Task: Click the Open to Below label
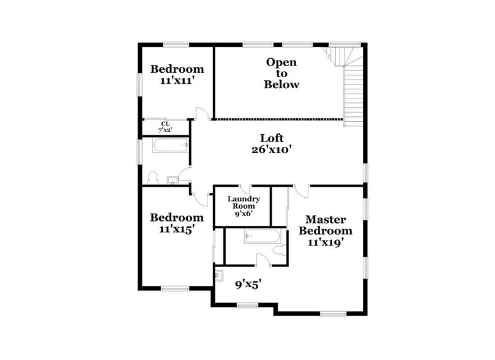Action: pyautogui.click(x=281, y=73)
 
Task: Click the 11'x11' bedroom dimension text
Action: pyautogui.click(x=177, y=80)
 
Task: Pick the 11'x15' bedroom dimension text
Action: pyautogui.click(x=177, y=230)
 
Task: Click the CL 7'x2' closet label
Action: pyautogui.click(x=165, y=127)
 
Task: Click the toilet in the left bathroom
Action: pyautogui.click(x=154, y=178)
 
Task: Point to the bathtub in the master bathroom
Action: pyautogui.click(x=262, y=236)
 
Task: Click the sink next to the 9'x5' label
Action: pyautogui.click(x=220, y=276)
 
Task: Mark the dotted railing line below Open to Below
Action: pyautogui.click(x=278, y=118)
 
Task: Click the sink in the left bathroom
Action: pyautogui.click(x=174, y=180)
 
